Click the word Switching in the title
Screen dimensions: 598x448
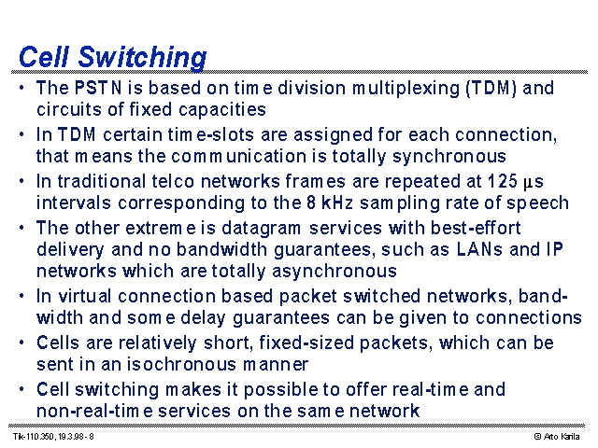pyautogui.click(x=142, y=58)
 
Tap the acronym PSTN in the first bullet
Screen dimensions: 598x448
pyautogui.click(x=98, y=88)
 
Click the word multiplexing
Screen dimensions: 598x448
pyautogui.click(x=406, y=89)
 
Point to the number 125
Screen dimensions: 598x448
pyautogui.click(x=503, y=181)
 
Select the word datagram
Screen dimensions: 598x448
pyautogui.click(x=261, y=229)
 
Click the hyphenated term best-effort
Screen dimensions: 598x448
pyautogui.click(x=476, y=228)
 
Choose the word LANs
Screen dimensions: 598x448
pyautogui.click(x=479, y=249)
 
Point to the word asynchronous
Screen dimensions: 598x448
pyautogui.click(x=335, y=272)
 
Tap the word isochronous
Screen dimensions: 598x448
pyautogui.click(x=181, y=365)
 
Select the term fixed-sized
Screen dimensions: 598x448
pyautogui.click(x=306, y=343)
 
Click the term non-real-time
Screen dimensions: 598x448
pyautogui.click(x=94, y=411)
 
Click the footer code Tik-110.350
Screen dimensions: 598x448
pyautogui.click(x=35, y=437)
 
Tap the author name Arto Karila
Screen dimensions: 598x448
pyautogui.click(x=562, y=437)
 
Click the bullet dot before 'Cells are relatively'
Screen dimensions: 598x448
pyautogui.click(x=21, y=343)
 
